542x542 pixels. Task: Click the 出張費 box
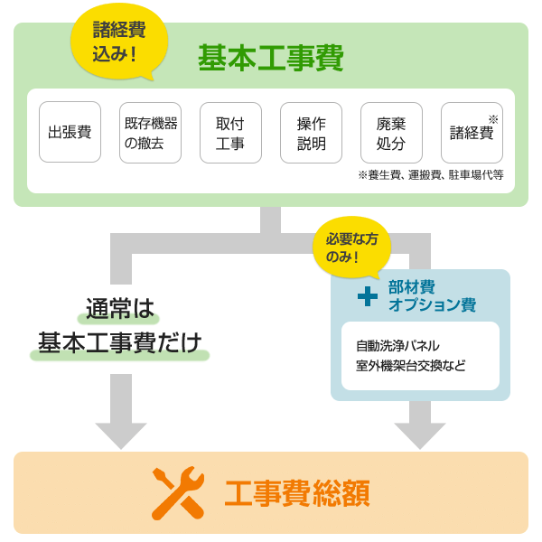[x=70, y=132]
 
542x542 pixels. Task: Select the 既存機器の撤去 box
[x=150, y=132]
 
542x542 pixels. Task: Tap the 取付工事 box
[x=230, y=132]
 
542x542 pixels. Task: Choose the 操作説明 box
[x=311, y=132]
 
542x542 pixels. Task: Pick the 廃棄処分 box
[x=391, y=132]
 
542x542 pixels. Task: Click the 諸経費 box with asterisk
[x=472, y=132]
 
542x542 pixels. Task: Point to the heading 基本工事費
[x=271, y=59]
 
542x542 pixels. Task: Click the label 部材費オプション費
[x=432, y=295]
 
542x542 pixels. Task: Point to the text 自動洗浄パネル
[x=397, y=345]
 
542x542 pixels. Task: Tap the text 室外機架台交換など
[x=410, y=367]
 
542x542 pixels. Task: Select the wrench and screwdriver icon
[x=177, y=493]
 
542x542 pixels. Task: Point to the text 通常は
[x=121, y=309]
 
